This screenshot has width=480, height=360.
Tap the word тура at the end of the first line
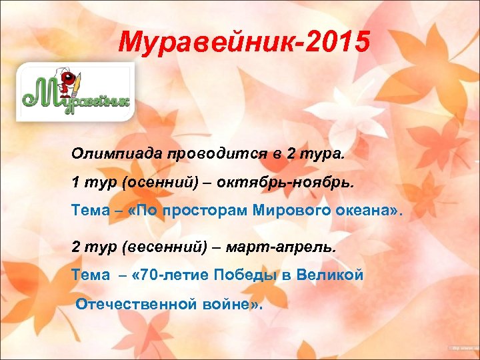[325, 153]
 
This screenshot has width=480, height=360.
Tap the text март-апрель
[282, 247]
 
